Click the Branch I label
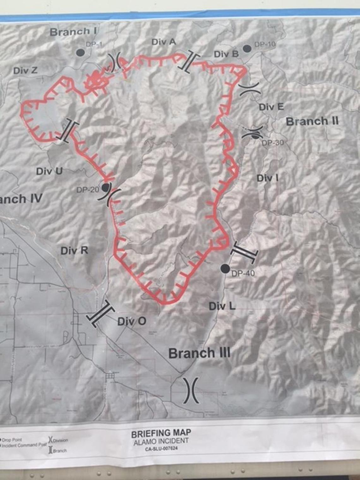click(73, 32)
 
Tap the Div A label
click(164, 42)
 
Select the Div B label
click(226, 54)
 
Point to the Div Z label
click(25, 70)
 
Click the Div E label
click(271, 107)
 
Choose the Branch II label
click(312, 121)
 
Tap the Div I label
click(267, 178)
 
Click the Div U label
click(49, 171)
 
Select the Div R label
click(74, 251)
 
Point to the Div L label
click(222, 306)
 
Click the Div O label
click(132, 321)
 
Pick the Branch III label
click(199, 353)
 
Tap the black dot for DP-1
click(81, 52)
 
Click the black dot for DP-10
click(247, 48)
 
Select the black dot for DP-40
click(225, 268)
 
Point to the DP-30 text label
click(273, 143)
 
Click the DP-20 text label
click(88, 190)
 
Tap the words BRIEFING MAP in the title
click(161, 433)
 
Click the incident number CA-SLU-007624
click(161, 448)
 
